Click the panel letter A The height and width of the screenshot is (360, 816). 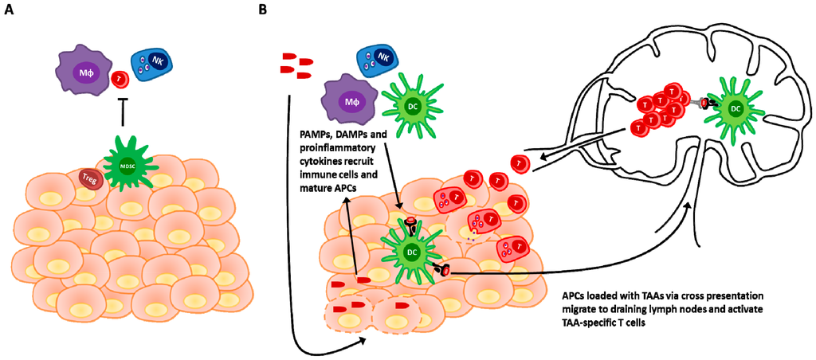pyautogui.click(x=10, y=12)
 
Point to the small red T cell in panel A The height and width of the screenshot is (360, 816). pyautogui.click(x=120, y=80)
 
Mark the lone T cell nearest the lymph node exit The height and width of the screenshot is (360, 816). pyautogui.click(x=520, y=163)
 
